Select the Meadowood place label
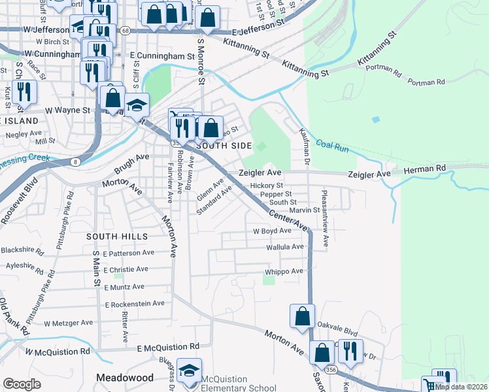pyautogui.click(x=124, y=378)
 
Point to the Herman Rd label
pyautogui.click(x=425, y=169)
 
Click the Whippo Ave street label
pyautogui.click(x=284, y=271)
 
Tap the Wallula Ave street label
pyautogui.click(x=285, y=247)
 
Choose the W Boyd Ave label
pyautogui.click(x=272, y=231)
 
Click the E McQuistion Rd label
pyautogui.click(x=168, y=347)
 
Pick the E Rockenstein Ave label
pyautogui.click(x=135, y=303)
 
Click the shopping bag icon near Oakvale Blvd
pyautogui.click(x=302, y=316)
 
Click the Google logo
pyautogui.click(x=22, y=384)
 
